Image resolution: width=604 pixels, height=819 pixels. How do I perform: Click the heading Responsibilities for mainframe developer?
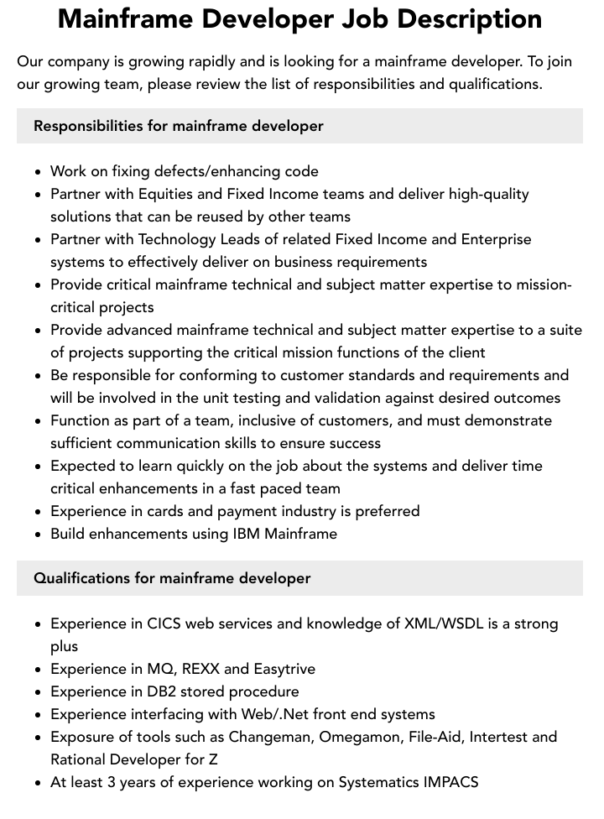coord(178,126)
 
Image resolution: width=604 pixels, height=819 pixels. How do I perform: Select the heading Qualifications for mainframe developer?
coord(172,578)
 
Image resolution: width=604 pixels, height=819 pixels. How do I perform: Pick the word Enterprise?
coord(493,239)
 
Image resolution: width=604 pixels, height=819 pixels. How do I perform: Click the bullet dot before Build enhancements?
coord(39,534)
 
